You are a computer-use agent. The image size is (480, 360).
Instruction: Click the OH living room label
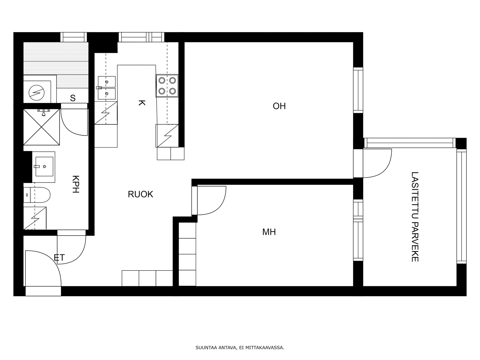pyautogui.click(x=279, y=106)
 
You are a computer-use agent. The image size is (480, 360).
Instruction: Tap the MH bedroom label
pyautogui.click(x=269, y=232)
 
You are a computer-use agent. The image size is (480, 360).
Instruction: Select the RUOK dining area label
pyautogui.click(x=140, y=194)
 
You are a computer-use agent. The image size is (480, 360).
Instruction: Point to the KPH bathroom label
pyautogui.click(x=75, y=184)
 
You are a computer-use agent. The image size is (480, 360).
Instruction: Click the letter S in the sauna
pyautogui.click(x=73, y=98)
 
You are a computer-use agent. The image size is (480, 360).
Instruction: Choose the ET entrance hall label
pyautogui.click(x=59, y=258)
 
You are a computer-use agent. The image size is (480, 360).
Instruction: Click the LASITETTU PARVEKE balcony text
pyautogui.click(x=415, y=217)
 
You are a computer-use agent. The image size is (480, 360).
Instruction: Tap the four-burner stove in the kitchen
pyautogui.click(x=167, y=86)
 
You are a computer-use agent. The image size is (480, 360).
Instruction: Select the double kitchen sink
pyautogui.click(x=106, y=88)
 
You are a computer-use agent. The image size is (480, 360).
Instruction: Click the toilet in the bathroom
pyautogui.click(x=37, y=195)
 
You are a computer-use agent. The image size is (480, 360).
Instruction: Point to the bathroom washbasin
pyautogui.click(x=43, y=167)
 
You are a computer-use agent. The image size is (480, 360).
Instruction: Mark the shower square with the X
pyautogui.click(x=41, y=127)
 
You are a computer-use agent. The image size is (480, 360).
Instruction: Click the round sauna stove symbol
pyautogui.click(x=37, y=93)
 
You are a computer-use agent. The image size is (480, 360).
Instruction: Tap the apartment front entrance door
pyautogui.click(x=43, y=268)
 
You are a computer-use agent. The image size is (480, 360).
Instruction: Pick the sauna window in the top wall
pyautogui.click(x=73, y=37)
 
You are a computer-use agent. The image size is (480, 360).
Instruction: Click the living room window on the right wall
pyautogui.click(x=358, y=90)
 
